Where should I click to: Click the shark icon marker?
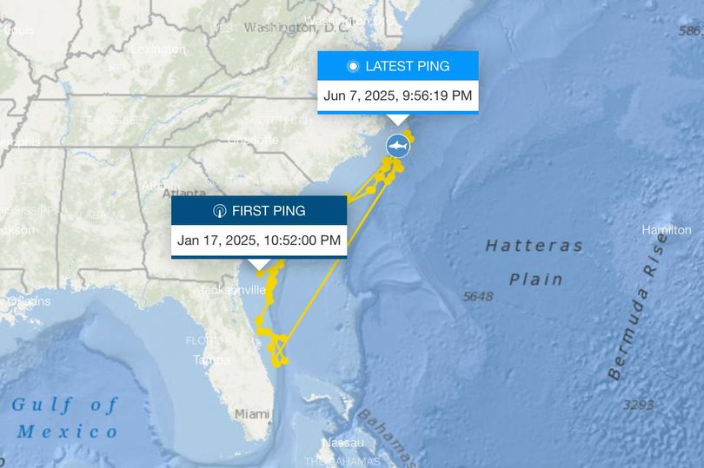point(397,147)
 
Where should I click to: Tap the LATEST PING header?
point(398,66)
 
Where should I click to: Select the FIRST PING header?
point(259,210)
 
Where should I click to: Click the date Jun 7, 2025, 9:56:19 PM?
point(398,96)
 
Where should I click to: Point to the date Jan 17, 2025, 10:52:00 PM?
point(259,241)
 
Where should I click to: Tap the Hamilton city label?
point(666,230)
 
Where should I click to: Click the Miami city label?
point(252,414)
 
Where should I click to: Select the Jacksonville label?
point(232,289)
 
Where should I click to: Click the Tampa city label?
point(211,359)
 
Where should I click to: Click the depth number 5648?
point(478,296)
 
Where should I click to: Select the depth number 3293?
point(638,405)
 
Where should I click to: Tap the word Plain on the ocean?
point(535,279)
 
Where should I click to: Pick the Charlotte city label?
point(253,139)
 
